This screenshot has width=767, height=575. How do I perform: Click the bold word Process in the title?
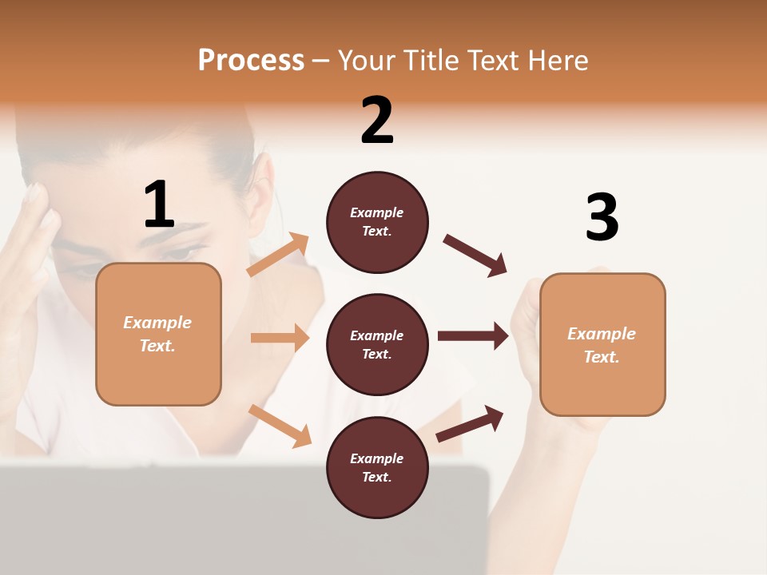251,61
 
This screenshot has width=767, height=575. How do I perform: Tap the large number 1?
159,205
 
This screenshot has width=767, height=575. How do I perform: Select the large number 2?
377,121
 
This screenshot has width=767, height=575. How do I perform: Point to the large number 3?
602,218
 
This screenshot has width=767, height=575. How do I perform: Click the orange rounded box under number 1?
158,334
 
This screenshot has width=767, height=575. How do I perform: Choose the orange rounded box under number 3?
602,344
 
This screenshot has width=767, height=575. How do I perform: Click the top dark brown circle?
377,222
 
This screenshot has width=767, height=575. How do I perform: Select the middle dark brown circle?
377,344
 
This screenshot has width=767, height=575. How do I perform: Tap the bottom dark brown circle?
377,467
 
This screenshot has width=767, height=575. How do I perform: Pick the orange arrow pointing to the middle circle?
280,338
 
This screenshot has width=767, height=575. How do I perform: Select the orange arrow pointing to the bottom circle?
280,425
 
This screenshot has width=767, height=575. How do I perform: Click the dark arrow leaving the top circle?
475,256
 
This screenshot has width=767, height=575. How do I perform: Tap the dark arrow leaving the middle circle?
472,335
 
